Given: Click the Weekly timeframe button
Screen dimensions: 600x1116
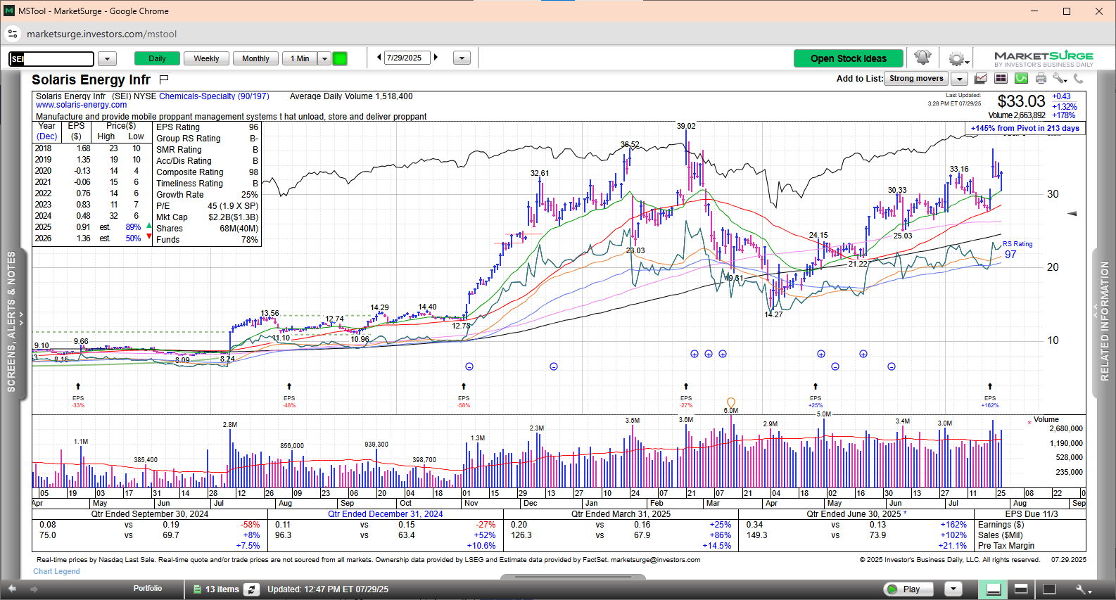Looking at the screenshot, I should pos(206,58).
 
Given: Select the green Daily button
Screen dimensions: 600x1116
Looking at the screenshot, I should pos(157,58).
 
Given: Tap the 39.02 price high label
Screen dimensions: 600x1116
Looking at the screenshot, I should pos(686,127).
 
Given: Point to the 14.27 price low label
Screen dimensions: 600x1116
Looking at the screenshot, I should pos(773,314).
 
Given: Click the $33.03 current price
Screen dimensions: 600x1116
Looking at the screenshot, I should pos(1021,101).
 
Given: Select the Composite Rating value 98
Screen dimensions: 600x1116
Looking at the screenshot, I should pos(253,172).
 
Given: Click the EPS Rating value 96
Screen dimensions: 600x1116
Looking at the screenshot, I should pos(253,127).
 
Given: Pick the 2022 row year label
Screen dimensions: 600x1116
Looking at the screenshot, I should pos(43,193).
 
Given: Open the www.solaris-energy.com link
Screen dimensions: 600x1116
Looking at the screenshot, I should pos(82,105).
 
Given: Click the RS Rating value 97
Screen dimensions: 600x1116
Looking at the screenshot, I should pos(1010,255).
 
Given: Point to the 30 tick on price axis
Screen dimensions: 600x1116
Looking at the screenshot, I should pos(1053,194).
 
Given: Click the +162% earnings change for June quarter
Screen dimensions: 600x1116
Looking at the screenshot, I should pos(953,525).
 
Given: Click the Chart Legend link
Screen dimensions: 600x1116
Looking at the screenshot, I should pos(56,571).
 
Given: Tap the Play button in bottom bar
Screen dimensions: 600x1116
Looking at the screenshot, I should pos(909,589).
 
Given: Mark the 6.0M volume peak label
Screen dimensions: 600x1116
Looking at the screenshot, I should pos(731,411).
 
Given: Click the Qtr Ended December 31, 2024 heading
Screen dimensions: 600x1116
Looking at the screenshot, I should pos(385,514).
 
